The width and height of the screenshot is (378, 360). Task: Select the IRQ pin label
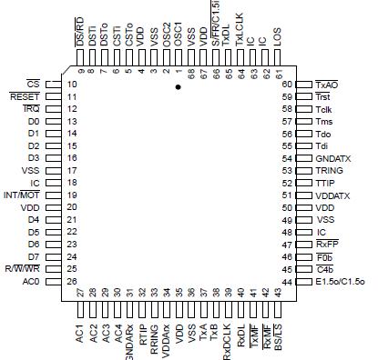[x=30, y=108]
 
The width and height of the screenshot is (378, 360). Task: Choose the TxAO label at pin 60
[x=329, y=84]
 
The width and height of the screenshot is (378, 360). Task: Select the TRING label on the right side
[x=329, y=170]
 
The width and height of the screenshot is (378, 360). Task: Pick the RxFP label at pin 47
[x=328, y=245]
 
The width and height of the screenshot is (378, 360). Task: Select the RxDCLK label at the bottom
[x=226, y=330]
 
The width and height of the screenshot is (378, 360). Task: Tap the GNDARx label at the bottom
[x=130, y=333]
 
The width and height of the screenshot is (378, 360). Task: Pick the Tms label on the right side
[x=324, y=121]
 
